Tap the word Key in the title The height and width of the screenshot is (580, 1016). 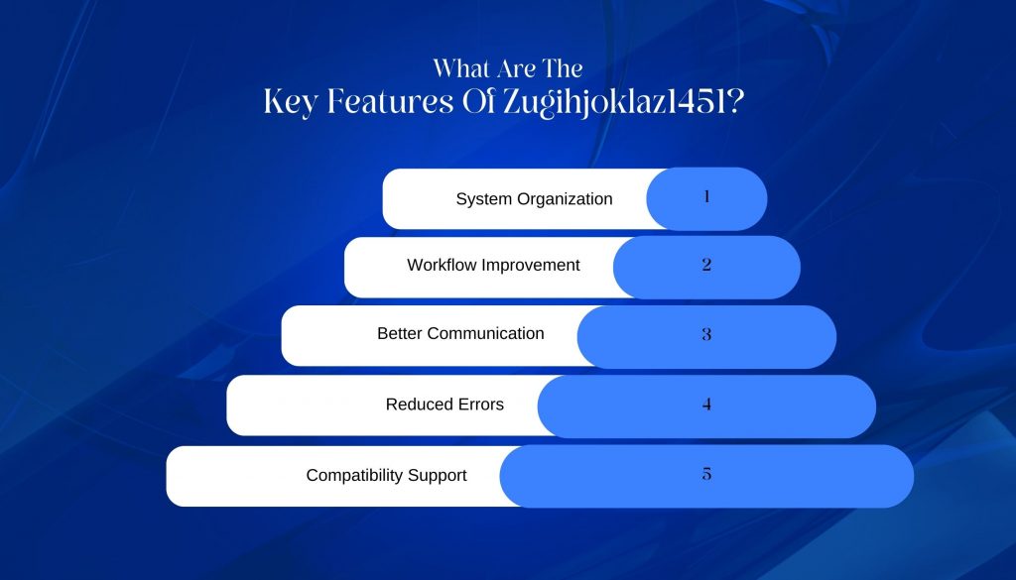pos(290,103)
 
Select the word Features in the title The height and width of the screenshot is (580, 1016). pos(390,102)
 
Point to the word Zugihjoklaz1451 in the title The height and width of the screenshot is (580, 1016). pos(614,103)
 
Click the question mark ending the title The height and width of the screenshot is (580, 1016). pos(735,102)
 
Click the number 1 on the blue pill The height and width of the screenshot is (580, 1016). pos(706,196)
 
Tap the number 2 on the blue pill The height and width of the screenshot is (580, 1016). pos(706,264)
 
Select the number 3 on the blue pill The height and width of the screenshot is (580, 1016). pos(706,334)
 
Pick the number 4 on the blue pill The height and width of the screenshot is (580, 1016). pos(706,405)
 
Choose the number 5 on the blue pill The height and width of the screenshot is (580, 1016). pos(706,474)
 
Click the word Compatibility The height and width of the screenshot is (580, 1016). pos(358,476)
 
